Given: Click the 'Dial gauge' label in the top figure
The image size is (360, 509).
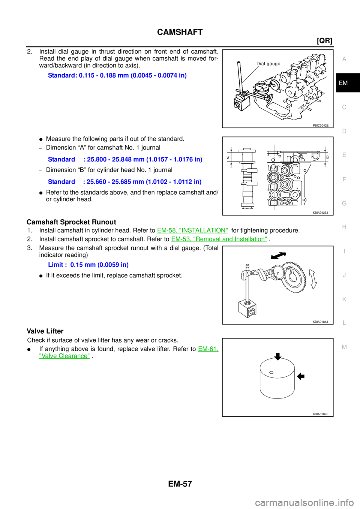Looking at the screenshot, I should click(268, 64).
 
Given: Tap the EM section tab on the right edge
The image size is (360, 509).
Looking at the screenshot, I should click(343, 83).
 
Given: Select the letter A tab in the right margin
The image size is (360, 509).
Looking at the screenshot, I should click(344, 59).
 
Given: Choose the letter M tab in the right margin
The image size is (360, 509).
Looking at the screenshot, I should click(344, 347).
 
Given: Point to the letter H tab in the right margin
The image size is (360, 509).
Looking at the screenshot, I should click(344, 227).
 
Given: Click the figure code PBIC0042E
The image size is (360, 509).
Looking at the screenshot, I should click(321, 126).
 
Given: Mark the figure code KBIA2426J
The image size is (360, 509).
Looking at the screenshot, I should click(320, 213).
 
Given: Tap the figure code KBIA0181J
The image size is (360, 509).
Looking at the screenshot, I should click(320, 322).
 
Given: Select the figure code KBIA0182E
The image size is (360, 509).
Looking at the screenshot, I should click(321, 414).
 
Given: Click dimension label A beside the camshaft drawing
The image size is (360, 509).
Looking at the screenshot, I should click(228, 158).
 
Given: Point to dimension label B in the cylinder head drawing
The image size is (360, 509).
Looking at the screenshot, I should click(327, 157).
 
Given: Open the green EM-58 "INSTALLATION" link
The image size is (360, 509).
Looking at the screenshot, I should click(192, 230).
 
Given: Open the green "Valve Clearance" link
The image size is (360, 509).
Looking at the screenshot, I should click(64, 356).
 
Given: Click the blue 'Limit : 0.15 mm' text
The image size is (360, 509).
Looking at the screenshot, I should click(88, 265).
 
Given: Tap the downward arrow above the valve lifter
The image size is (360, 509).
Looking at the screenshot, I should click(277, 356).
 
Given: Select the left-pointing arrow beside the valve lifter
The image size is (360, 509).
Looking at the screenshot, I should click(300, 376).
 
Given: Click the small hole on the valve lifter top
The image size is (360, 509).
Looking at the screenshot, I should click(271, 373).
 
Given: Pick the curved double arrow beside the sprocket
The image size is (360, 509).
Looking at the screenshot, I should click(313, 280).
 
